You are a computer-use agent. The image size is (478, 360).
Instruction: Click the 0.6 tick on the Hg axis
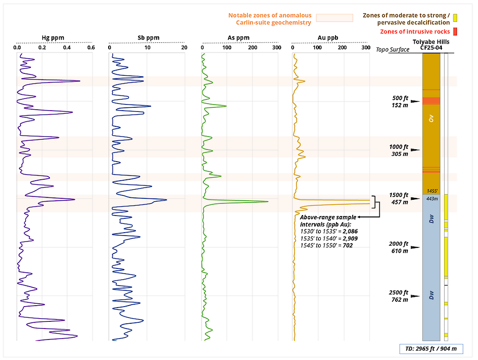coord(91,48)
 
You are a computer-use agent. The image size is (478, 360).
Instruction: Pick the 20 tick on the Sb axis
coord(184,48)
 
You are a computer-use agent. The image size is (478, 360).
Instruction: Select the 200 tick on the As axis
coord(252,48)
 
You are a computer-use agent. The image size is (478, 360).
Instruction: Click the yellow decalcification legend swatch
coord(455,18)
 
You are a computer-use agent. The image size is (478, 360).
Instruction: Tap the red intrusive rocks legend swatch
coord(455,31)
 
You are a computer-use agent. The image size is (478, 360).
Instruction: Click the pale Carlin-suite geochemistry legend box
coord(335,18)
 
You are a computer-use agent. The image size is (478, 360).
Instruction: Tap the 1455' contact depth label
coord(432,190)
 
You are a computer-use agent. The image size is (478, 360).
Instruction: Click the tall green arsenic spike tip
coord(268,202)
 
